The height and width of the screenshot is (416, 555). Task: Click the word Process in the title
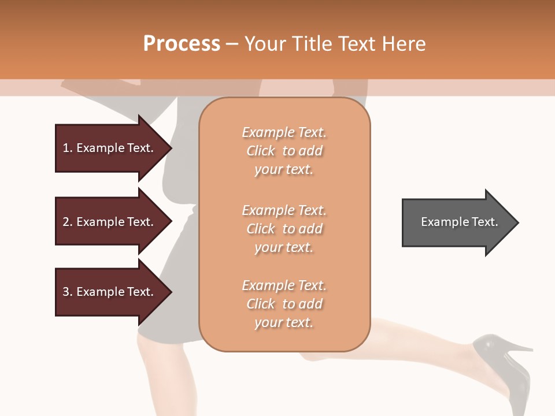182,44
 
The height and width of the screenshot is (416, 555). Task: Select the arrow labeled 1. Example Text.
110,148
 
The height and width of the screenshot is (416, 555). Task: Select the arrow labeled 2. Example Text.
110,222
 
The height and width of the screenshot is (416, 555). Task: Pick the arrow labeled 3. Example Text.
110,292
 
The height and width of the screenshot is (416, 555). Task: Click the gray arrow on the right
457,222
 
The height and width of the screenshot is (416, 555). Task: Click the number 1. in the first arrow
67,148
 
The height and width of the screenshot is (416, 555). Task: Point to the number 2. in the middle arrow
67,222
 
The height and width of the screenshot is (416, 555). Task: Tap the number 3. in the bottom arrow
67,292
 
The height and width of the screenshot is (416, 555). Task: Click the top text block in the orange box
284,151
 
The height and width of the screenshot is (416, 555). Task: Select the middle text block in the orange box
284,229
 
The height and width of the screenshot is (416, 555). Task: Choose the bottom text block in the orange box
284,304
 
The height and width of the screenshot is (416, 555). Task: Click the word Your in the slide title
264,44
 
